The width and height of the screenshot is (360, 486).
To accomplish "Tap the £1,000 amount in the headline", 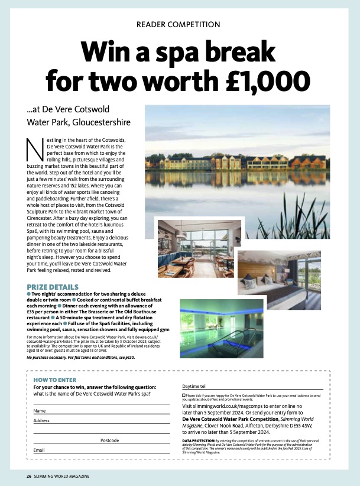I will [258, 80].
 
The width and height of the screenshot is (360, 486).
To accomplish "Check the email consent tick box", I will [184, 394].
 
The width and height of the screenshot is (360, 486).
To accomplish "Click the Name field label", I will [40, 410].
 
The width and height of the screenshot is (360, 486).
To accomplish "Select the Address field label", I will [41, 420].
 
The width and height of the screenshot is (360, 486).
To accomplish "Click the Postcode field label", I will [109, 440].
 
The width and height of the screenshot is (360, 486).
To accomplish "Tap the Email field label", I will [39, 450].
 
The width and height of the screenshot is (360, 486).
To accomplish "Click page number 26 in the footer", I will [28, 476].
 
